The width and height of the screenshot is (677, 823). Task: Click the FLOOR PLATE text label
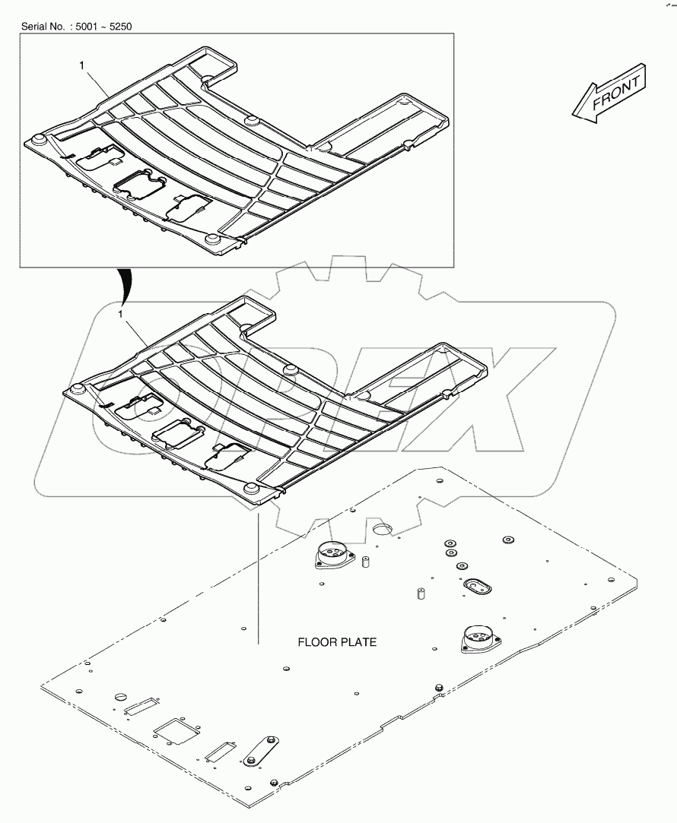pyautogui.click(x=336, y=642)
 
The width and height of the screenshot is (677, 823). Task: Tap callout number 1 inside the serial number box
pyautogui.click(x=81, y=66)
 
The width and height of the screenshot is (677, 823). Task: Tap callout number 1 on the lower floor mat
pyautogui.click(x=120, y=312)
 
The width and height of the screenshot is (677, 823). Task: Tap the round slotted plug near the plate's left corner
pyautogui.click(x=121, y=698)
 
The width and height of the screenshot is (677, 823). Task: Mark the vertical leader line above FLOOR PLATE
pyautogui.click(x=259, y=578)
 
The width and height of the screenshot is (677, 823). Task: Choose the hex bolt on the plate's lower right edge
pyautogui.click(x=437, y=688)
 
